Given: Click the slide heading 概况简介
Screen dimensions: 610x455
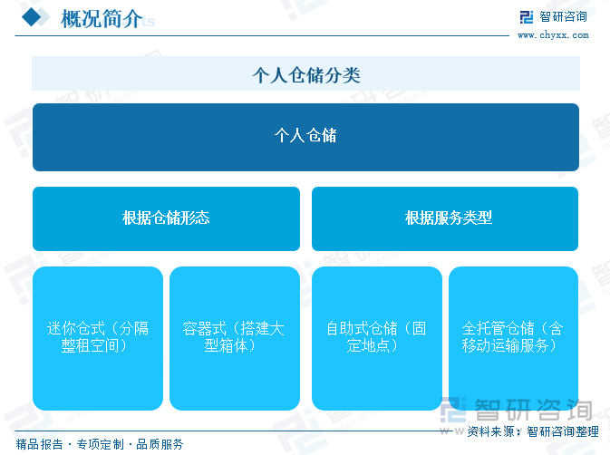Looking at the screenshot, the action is pyautogui.click(x=102, y=19).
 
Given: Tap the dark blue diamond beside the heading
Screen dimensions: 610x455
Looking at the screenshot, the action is pyautogui.click(x=32, y=17).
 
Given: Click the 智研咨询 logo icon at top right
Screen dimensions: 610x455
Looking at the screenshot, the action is pyautogui.click(x=527, y=17).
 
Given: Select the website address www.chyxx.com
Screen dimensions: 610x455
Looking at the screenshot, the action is pyautogui.click(x=553, y=35).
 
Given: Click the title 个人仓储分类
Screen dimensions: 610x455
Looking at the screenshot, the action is pyautogui.click(x=306, y=74).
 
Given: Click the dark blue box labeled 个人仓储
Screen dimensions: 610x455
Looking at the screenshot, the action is pyautogui.click(x=305, y=137).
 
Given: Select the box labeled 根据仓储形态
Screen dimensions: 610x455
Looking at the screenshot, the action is pyautogui.click(x=166, y=218).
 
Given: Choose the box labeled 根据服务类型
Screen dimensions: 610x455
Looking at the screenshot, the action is pyautogui.click(x=445, y=218).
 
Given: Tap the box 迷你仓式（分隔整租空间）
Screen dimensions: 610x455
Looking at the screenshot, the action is pyautogui.click(x=98, y=338).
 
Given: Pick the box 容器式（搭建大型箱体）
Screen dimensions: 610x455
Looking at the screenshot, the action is pyautogui.click(x=235, y=338).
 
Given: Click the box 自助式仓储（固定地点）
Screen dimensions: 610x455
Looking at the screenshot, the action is pyautogui.click(x=377, y=338).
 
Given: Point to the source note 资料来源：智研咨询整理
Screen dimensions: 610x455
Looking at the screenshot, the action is pyautogui.click(x=533, y=431).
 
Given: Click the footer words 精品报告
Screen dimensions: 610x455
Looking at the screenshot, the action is pyautogui.click(x=39, y=444).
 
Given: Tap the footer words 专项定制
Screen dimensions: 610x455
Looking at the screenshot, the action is pyautogui.click(x=100, y=444).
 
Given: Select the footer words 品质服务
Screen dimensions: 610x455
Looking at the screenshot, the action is pyautogui.click(x=160, y=444).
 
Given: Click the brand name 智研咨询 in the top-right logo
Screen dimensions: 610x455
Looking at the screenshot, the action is pyautogui.click(x=563, y=16).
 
